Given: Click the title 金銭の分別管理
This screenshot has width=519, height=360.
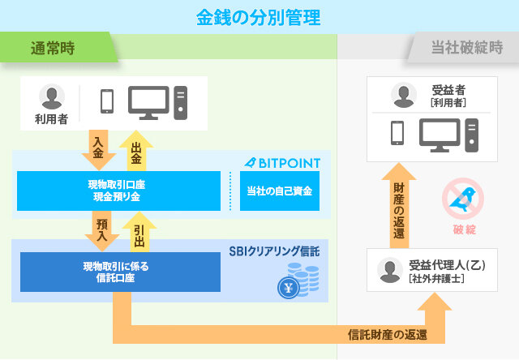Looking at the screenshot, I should pyautogui.click(x=257, y=15).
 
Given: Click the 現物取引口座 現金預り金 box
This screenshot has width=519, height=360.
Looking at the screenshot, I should pyautogui.click(x=118, y=191).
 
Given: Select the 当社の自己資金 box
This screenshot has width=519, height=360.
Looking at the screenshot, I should pyautogui.click(x=279, y=191).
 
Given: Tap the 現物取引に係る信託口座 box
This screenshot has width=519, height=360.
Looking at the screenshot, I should pyautogui.click(x=120, y=272).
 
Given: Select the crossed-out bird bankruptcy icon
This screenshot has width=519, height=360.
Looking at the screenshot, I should pyautogui.click(x=464, y=199).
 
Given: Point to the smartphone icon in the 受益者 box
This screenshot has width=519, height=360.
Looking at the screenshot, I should pyautogui.click(x=397, y=133).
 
